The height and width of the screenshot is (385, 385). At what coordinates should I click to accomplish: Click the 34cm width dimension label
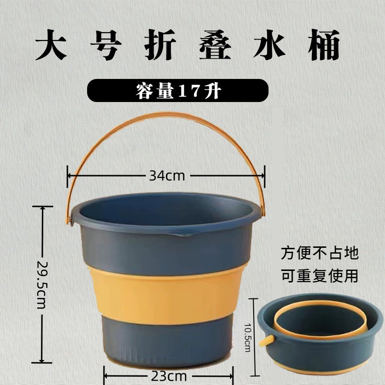click(x=167, y=176)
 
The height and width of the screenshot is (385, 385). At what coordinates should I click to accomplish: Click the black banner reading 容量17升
click(x=177, y=90)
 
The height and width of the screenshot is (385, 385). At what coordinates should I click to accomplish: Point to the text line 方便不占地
click(x=320, y=253)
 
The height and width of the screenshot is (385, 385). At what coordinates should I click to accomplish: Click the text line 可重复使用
click(x=320, y=276)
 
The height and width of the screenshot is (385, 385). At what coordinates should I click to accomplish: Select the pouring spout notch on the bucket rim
click(x=183, y=236)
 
